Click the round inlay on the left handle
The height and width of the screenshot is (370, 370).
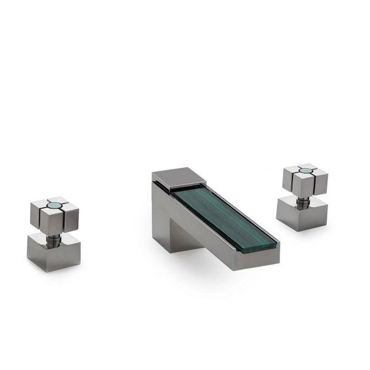coord(54,203)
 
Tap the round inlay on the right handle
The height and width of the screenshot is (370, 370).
coord(305,168)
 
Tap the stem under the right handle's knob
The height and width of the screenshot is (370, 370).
coord(304,199)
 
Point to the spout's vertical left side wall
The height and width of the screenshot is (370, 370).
coord(162,213)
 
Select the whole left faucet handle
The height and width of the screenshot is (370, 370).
coord(54,228)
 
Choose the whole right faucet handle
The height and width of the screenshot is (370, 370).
coord(303,194)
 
